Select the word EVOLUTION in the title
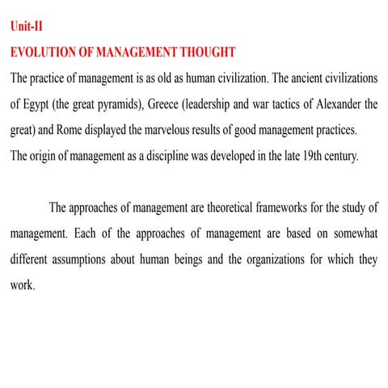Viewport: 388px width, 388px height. (x=44, y=53)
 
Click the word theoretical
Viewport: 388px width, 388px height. (x=216, y=209)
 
